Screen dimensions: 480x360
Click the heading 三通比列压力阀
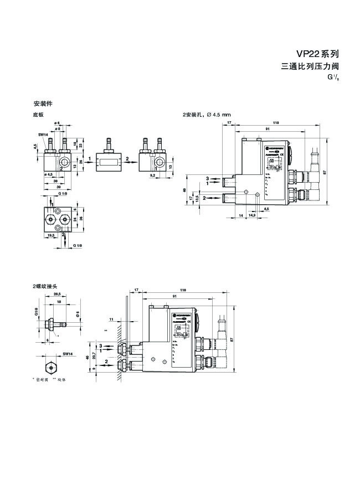[x=310, y=67]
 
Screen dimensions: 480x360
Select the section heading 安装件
[x=43, y=104]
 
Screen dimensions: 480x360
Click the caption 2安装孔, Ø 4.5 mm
[x=207, y=115]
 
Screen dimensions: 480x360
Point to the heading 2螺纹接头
[x=45, y=286]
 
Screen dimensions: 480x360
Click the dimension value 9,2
[x=152, y=175]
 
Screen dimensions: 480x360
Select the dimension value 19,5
[x=50, y=235]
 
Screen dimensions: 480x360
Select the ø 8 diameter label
[x=57, y=128]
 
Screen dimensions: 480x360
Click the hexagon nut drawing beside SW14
[x=50, y=367]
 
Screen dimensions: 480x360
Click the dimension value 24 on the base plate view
[x=75, y=219]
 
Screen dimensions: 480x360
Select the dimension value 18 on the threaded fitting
[x=59, y=303]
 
